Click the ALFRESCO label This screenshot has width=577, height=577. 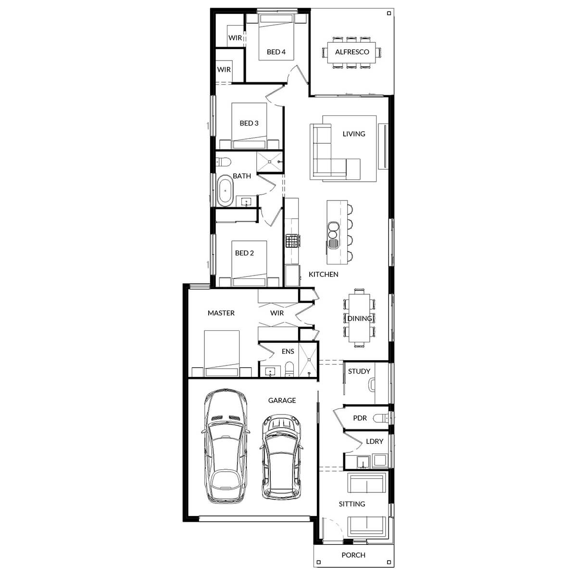(x=352, y=52)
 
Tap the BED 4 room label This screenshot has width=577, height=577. (x=276, y=52)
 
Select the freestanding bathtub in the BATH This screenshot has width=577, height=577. (x=225, y=190)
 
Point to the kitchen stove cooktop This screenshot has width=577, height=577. (x=291, y=240)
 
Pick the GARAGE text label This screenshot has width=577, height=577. (x=282, y=400)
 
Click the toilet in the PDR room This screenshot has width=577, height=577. (x=383, y=418)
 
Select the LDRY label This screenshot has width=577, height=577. (x=374, y=441)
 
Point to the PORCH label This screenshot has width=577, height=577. (x=353, y=555)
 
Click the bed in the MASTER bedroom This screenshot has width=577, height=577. (x=222, y=353)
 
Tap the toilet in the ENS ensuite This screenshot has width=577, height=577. (x=289, y=370)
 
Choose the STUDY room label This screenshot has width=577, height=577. (x=359, y=371)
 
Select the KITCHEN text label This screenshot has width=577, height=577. (x=323, y=274)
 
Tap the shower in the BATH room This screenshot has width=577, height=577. (x=269, y=162)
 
